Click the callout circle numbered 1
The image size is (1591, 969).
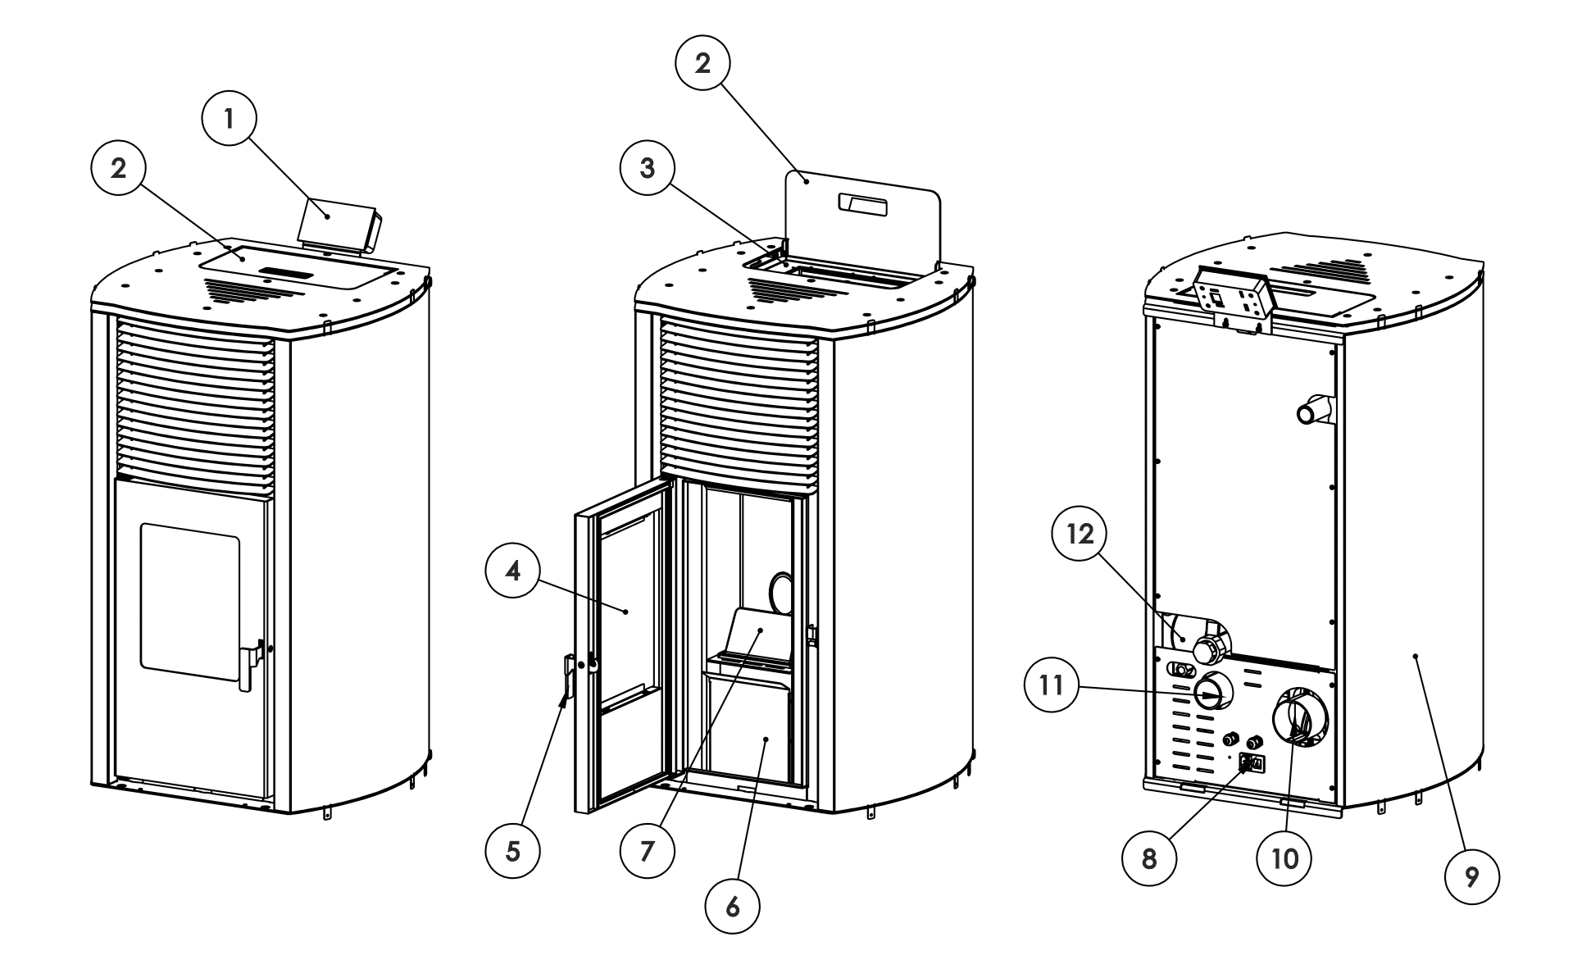point(230,119)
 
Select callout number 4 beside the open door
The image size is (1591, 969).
point(513,571)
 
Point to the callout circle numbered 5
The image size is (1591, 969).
point(512,851)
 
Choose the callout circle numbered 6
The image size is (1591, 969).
point(733,906)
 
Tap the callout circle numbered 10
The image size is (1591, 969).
point(1284,858)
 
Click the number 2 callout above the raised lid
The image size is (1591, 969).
point(702,64)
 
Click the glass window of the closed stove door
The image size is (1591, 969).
point(190,602)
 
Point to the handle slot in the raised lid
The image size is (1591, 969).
point(862,205)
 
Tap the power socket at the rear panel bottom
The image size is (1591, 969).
point(1252,764)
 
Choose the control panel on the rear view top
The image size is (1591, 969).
point(1231,300)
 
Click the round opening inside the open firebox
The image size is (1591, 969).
point(782,593)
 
